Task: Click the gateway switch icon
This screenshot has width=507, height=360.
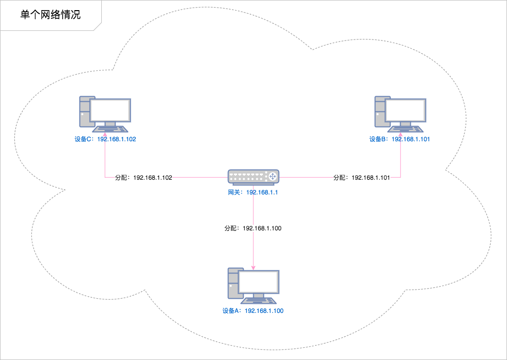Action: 253,176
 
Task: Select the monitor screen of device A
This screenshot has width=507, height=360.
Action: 259,282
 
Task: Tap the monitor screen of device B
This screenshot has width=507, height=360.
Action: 406,110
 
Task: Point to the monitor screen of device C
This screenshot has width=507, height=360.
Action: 110,110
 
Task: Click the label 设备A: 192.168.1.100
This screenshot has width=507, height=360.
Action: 253,311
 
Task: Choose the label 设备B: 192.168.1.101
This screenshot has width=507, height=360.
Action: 400,139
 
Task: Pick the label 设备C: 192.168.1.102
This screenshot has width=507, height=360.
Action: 105,139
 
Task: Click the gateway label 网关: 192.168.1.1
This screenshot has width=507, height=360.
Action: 253,193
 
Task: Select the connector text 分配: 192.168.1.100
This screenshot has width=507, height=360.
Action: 253,228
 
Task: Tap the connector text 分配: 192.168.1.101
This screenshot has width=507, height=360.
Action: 362,178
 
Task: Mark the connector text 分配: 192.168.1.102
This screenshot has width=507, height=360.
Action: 144,178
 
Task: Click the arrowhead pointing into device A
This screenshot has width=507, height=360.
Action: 253,267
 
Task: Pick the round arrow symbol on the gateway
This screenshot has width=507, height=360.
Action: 272,176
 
